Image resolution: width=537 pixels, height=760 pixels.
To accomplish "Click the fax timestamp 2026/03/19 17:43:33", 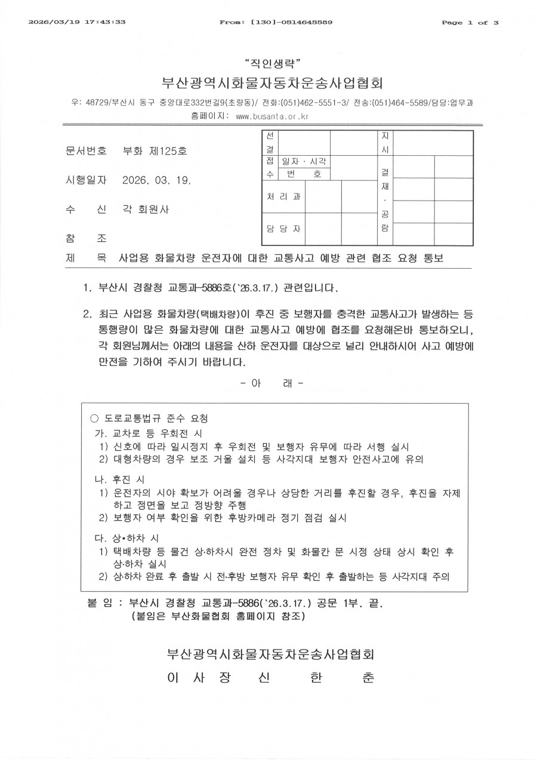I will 77,22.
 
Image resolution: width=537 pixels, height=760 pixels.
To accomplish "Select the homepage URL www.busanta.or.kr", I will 271,116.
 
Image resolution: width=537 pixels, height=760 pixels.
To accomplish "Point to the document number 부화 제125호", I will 154,151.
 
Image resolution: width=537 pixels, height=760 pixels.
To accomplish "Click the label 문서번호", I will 86,151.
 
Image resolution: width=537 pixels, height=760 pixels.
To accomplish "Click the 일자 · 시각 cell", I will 304,162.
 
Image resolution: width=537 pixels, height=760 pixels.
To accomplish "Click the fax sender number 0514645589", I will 302,22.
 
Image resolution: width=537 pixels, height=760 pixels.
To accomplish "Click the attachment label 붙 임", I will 100,604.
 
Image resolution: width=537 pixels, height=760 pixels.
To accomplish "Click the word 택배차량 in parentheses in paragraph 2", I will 208,313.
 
